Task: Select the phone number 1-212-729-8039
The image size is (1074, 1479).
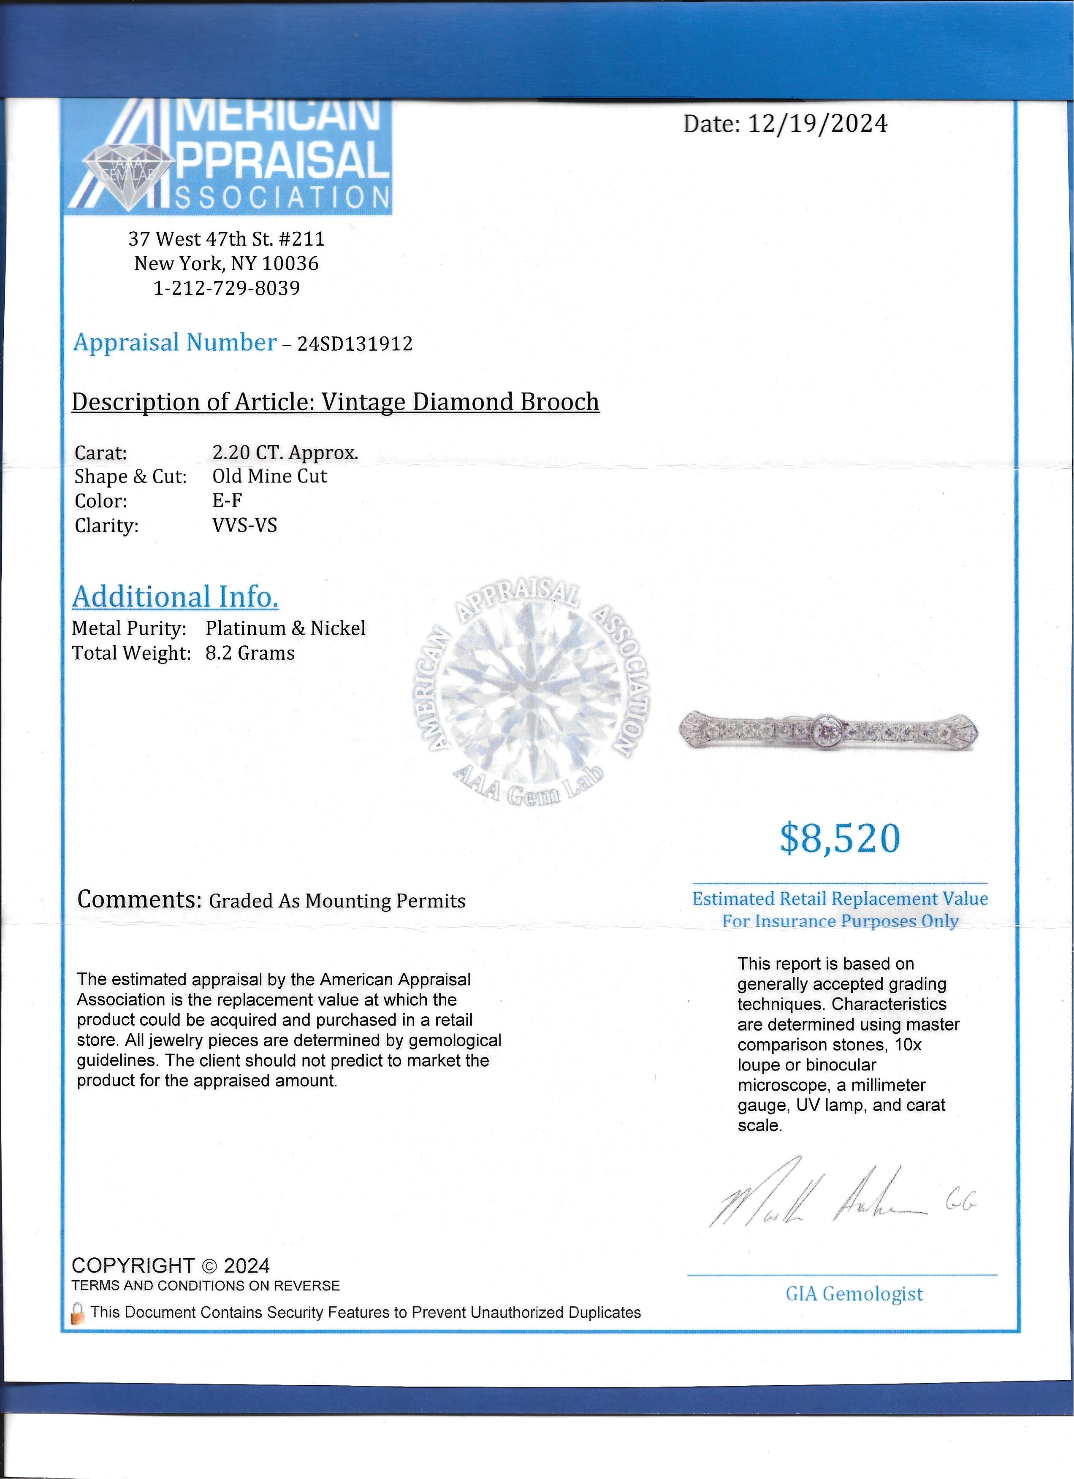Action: tap(226, 288)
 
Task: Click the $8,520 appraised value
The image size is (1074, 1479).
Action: tap(840, 839)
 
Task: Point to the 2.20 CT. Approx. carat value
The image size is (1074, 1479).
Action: tap(285, 452)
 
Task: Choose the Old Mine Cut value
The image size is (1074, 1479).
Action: tap(269, 476)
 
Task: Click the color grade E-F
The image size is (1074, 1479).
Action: tap(227, 501)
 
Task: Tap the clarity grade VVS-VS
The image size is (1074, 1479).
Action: tap(244, 525)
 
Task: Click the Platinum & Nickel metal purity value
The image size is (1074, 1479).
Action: tap(285, 628)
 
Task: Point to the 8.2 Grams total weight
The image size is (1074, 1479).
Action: tap(250, 653)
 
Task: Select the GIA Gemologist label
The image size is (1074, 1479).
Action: tap(854, 1294)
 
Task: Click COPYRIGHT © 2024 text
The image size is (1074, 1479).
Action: tap(170, 1266)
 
